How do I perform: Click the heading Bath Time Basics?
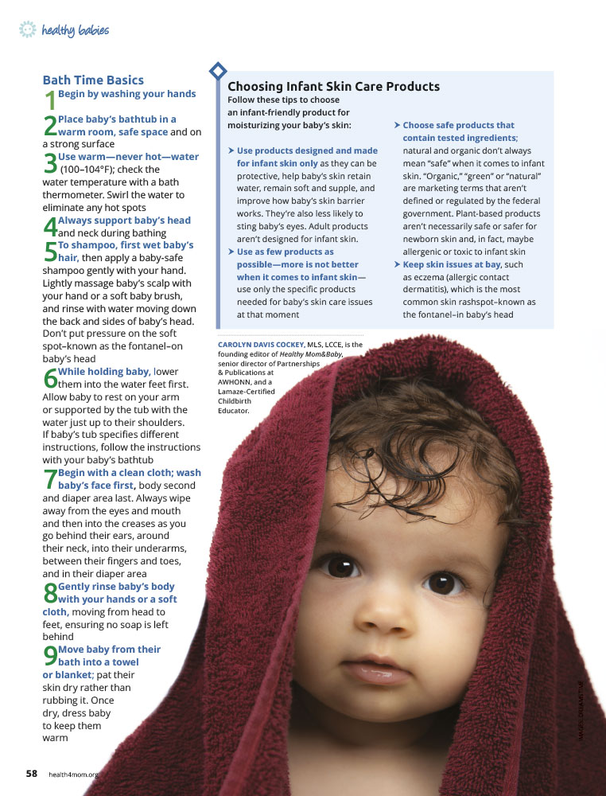(x=93, y=80)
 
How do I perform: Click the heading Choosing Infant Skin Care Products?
(x=333, y=87)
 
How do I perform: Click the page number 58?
(x=32, y=773)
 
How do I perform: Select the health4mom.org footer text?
(x=73, y=774)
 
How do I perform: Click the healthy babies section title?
(x=76, y=31)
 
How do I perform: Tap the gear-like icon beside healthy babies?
(x=28, y=30)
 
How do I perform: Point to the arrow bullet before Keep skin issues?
(x=397, y=264)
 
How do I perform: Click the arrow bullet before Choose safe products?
(x=397, y=125)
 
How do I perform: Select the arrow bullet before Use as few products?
(x=231, y=252)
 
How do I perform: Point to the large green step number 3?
(x=49, y=163)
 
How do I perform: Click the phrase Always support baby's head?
(x=124, y=220)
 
